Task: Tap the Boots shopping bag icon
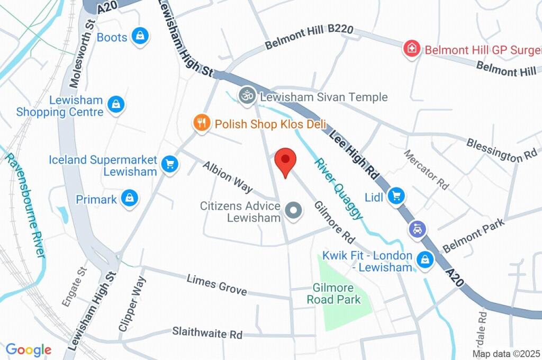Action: (140, 37)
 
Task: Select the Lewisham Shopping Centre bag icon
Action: (115, 104)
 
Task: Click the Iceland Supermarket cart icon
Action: (169, 164)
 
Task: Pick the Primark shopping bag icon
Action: (129, 199)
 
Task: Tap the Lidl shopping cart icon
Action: (395, 196)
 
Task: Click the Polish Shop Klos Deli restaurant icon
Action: (201, 124)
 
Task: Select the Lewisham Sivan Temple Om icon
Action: (246, 96)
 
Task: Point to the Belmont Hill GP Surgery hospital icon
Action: (411, 50)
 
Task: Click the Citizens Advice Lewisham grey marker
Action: (293, 211)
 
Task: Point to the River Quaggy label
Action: (339, 188)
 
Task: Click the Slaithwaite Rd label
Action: (207, 334)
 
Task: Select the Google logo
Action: (28, 349)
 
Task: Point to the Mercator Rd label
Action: (426, 169)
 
